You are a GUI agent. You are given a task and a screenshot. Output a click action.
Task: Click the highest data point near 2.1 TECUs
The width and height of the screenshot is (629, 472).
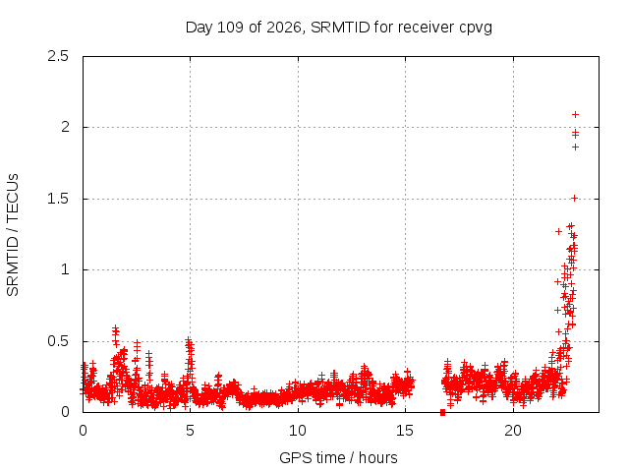(575, 115)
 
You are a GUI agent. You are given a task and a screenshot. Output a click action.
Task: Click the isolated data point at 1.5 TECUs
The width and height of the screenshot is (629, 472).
(574, 199)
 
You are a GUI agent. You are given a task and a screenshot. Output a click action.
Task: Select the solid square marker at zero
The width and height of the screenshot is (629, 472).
(442, 412)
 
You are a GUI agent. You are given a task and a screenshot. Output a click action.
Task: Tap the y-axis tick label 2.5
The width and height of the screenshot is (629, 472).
(58, 56)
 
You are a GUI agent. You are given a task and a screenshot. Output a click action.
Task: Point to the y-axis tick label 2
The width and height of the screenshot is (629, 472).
(65, 127)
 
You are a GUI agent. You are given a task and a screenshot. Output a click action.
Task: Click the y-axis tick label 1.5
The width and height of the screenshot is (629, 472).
(58, 199)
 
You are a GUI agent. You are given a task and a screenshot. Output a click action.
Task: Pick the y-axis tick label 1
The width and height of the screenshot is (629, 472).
(65, 269)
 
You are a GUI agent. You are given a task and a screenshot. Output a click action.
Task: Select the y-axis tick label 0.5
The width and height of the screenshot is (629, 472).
(58, 341)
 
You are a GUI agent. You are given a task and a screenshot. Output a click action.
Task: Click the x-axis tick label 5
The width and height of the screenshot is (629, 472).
(190, 431)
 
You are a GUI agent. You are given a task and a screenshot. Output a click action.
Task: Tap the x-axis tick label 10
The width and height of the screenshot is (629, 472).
(298, 431)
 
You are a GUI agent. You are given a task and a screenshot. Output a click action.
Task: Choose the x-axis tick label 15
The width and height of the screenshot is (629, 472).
(405, 431)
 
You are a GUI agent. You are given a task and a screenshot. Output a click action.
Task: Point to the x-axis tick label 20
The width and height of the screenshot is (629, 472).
(513, 431)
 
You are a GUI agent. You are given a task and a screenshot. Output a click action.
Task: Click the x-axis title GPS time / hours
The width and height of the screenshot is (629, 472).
(338, 457)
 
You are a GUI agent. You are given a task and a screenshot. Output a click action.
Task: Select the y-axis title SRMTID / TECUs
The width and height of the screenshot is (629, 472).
(13, 235)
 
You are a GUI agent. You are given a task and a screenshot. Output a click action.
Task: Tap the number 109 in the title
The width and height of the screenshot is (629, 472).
(230, 28)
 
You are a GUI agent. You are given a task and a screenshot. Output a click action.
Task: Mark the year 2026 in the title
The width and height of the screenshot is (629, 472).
(284, 28)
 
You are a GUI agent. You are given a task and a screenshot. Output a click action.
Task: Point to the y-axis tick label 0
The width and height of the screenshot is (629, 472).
(65, 412)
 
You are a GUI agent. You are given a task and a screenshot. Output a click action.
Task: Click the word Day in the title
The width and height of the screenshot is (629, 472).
(199, 29)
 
